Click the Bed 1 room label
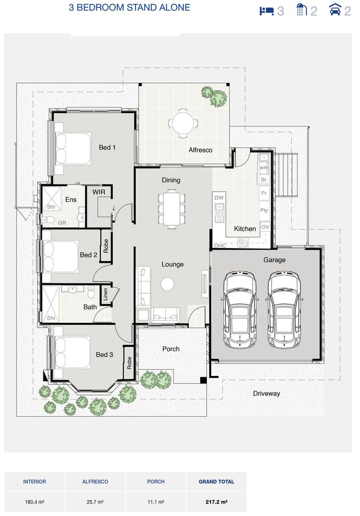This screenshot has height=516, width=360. click(x=107, y=148)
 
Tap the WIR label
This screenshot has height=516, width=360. click(x=99, y=192)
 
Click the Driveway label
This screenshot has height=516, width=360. click(x=266, y=394)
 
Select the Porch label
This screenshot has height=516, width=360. click(x=171, y=349)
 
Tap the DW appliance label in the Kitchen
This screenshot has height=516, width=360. click(x=219, y=198)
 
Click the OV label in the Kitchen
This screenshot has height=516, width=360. click(x=265, y=227)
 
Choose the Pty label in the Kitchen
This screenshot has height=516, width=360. click(x=264, y=210)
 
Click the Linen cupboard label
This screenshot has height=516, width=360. click(x=106, y=294)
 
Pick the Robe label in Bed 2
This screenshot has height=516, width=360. click(x=106, y=246)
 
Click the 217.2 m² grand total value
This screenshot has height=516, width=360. click(x=216, y=502)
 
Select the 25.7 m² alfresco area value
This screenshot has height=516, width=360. click(x=95, y=502)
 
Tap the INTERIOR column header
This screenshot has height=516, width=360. click(x=34, y=482)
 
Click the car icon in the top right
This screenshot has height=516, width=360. click(x=336, y=10)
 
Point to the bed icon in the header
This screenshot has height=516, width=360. click(x=266, y=11)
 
